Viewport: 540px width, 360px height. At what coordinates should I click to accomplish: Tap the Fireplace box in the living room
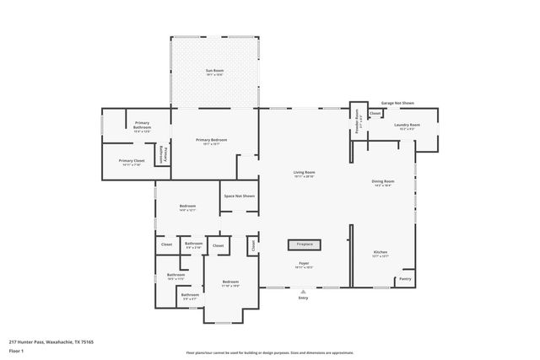coord(304,244)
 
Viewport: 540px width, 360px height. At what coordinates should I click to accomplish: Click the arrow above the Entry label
coord(304,292)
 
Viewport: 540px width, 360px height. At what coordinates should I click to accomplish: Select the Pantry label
coord(405,279)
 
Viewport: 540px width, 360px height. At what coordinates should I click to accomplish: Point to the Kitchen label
coord(381,252)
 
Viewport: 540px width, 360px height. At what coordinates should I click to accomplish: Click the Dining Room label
coord(383,181)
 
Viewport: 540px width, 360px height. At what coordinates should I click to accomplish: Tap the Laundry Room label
coord(407,125)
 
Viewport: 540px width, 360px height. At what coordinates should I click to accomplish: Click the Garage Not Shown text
coord(397,103)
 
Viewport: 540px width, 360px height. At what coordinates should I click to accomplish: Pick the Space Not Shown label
coord(238,196)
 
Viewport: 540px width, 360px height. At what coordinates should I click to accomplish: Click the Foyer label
coord(304,263)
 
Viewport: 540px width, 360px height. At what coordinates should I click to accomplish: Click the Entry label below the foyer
coord(304,298)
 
